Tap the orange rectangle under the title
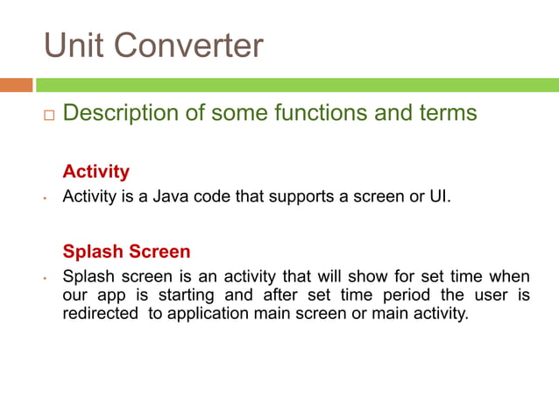pos(17,85)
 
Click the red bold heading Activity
pos(96,171)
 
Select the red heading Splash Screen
pos(126,252)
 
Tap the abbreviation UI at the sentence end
pos(437,196)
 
